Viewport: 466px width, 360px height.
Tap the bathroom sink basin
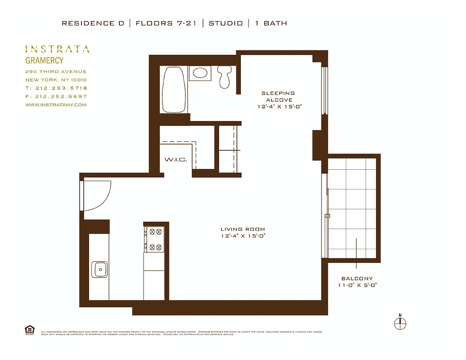pos(199,73)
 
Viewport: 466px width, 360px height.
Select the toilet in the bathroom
pos(224,76)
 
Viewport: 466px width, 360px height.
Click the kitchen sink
pos(99,270)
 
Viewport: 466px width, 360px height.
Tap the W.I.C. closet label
pos(176,160)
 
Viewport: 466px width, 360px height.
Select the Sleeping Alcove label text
pos(279,97)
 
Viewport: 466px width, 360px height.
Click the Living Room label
pos(243,229)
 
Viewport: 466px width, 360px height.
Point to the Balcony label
pos(357,279)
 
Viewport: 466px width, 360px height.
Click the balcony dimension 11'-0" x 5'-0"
pos(357,285)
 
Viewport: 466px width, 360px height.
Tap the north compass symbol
pos(399,322)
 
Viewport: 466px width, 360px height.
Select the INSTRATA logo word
pos(57,49)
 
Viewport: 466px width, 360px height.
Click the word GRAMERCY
pos(44,61)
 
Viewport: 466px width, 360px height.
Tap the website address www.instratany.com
pos(56,105)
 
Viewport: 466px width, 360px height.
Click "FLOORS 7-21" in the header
pos(166,23)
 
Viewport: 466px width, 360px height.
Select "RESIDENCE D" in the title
pos(93,23)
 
